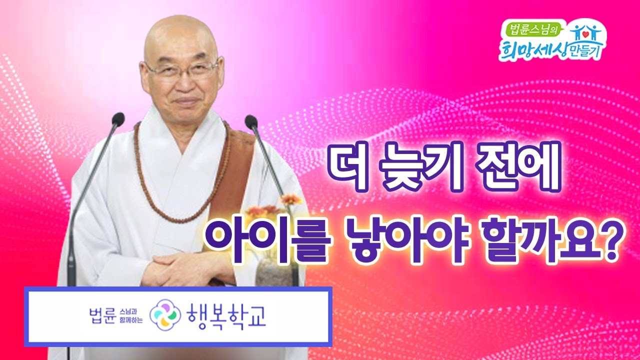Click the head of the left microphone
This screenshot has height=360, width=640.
[118, 119]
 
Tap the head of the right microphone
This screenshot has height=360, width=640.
[251, 121]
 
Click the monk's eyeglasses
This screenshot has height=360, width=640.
[180, 70]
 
